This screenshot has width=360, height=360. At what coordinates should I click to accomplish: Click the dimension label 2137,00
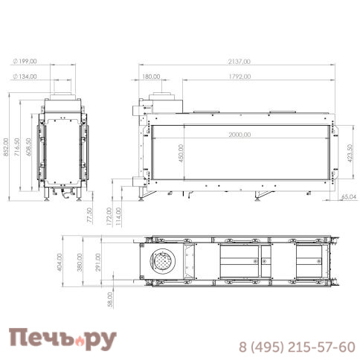coord(241,62)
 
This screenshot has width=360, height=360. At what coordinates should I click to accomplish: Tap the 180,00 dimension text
coord(151,76)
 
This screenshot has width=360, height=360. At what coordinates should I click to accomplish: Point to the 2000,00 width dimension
coord(240,135)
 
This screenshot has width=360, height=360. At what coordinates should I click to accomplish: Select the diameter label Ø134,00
coord(27,76)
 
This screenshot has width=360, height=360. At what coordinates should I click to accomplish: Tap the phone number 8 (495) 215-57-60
coord(296,347)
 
